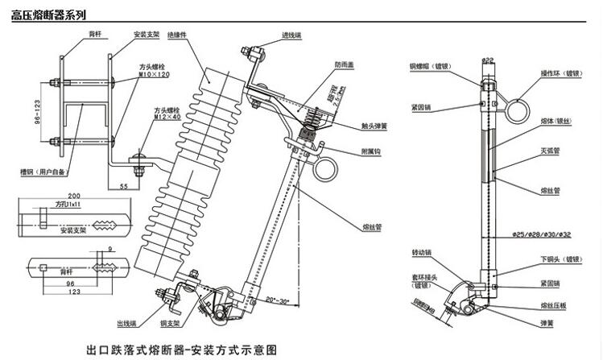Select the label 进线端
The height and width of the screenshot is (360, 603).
(291, 35)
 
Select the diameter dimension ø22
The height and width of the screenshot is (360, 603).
(488, 60)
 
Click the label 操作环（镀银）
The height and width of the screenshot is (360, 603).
(561, 72)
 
